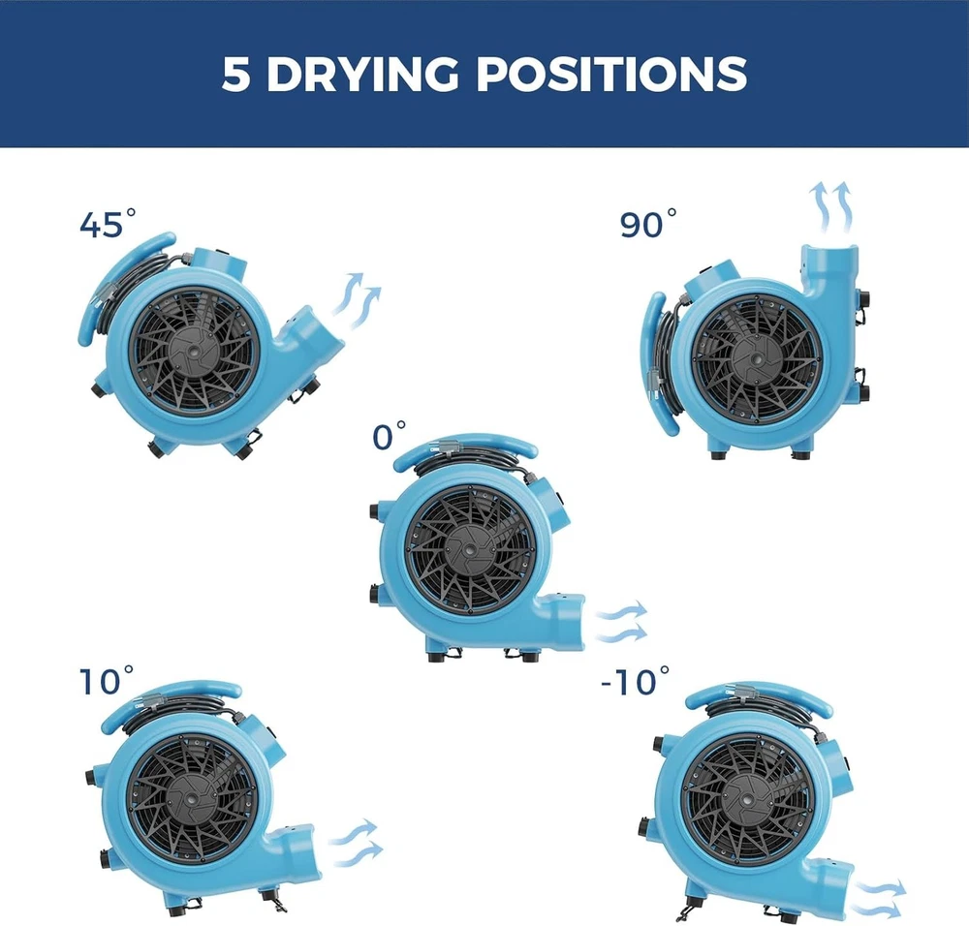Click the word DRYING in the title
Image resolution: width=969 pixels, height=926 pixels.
362,74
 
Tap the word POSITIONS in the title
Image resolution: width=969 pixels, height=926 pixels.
611,74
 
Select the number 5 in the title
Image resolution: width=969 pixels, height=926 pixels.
235,75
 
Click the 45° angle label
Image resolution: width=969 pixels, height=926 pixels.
108,223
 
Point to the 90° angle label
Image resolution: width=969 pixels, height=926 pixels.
648,223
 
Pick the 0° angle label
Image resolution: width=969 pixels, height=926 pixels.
389,436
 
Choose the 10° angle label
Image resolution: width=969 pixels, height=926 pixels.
107,680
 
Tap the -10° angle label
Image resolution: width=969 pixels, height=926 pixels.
636,680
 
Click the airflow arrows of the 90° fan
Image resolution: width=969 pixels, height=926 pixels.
831,207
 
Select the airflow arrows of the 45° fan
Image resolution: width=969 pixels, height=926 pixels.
357,299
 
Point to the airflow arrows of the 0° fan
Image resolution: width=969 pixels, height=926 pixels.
621,621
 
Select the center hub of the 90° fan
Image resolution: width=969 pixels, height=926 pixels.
756,358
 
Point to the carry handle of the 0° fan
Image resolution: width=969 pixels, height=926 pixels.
465,446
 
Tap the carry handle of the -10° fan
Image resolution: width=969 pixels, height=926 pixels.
759,696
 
